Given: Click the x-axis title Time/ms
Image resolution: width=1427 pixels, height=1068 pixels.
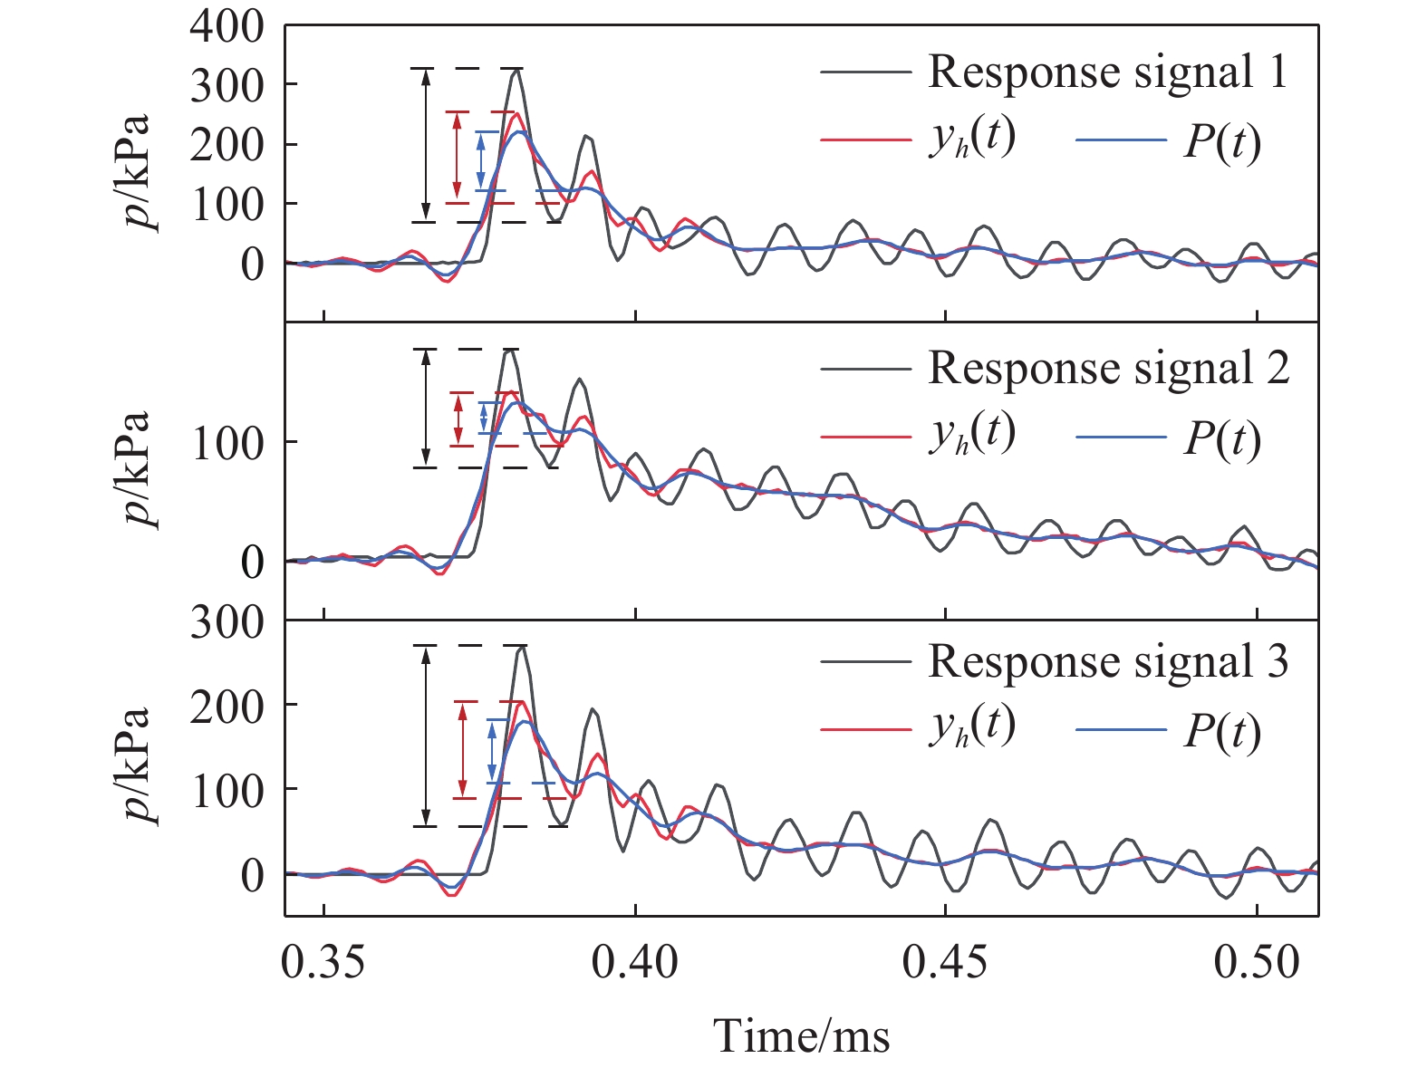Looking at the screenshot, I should (x=801, y=1035).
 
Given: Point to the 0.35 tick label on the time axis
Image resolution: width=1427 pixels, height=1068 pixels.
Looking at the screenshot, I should (x=323, y=963).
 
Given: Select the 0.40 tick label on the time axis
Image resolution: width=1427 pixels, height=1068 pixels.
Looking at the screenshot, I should (x=635, y=963).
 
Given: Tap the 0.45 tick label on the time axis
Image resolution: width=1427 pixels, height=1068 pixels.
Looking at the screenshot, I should (x=946, y=963).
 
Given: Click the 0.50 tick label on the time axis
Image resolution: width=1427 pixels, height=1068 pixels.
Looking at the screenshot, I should (x=1257, y=963).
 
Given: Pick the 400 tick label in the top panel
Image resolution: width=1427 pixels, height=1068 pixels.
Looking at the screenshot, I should (x=227, y=27).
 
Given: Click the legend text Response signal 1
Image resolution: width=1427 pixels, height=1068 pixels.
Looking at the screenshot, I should (x=1107, y=72).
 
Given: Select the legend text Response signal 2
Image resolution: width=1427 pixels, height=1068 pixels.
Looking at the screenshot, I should (x=1108, y=368).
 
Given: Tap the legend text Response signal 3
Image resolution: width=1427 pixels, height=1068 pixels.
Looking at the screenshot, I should (x=1107, y=662).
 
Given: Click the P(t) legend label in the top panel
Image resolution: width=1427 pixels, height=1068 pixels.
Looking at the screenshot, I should (x=1221, y=143).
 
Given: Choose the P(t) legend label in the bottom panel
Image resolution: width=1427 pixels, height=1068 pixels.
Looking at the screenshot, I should (x=1221, y=732).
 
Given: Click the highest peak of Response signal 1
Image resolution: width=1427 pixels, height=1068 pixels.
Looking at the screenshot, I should (x=516, y=69).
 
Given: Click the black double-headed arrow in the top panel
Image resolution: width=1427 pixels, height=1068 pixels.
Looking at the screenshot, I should (x=427, y=144).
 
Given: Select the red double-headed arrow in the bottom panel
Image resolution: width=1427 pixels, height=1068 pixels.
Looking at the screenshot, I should (x=463, y=749).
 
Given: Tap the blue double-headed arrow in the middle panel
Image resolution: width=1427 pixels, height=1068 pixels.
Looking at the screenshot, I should (x=484, y=417).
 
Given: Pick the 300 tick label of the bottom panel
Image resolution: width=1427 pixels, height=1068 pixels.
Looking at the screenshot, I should (x=227, y=623).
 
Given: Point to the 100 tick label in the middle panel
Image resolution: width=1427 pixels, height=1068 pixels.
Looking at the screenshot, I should (x=227, y=443).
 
